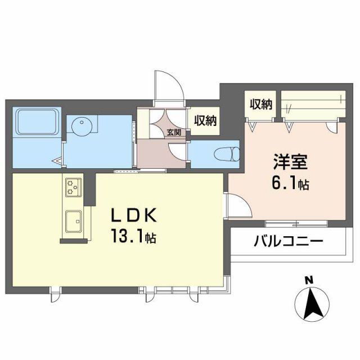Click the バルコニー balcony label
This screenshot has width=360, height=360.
coord(288,242)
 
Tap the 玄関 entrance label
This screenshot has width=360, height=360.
coord(173,133)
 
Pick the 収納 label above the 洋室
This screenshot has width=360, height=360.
coord(261,104)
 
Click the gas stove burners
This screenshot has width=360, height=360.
coord(73,187)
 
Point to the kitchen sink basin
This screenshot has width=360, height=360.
coord(73,220)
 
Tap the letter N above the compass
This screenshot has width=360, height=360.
coord(308,280)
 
